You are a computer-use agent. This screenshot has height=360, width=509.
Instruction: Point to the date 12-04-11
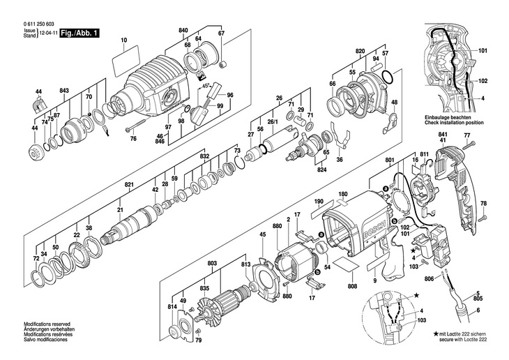pyautogui.click(x=45, y=33)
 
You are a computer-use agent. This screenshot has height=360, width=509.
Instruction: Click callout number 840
pyautogui.click(x=183, y=31)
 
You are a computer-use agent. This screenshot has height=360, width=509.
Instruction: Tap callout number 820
pyautogui.click(x=360, y=52)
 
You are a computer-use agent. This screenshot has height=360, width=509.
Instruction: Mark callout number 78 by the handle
pyautogui.click(x=484, y=203)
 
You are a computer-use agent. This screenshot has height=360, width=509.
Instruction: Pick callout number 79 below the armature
pyautogui.click(x=198, y=340)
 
